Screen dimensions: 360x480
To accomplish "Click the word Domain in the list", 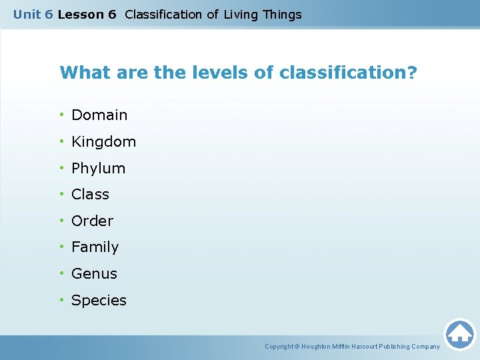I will coord(99,115).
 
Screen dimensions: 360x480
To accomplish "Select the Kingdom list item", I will coord(103,142).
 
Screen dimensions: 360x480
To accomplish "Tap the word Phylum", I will coord(98,169).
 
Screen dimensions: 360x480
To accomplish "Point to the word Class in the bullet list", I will coord(90,195).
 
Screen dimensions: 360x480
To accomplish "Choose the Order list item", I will coord(92,221).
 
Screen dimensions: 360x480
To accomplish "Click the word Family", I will coord(95,247).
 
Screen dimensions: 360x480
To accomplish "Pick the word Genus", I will coord(94,274).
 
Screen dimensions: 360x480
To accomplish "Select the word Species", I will coord(99,301).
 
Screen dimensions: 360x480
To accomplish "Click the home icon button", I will coord(459,333).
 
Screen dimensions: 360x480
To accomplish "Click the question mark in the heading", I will coord(411,72).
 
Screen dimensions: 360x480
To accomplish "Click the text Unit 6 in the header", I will coord(33,15).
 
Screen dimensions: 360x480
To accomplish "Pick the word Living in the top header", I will coord(241,15).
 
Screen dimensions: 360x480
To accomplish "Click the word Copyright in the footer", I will coord(279,347).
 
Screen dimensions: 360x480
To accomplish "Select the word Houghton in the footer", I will coord(319,347).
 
